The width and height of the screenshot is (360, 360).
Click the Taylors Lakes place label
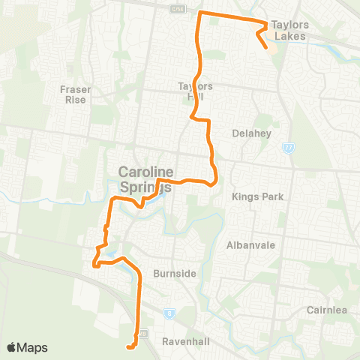(x=290, y=29)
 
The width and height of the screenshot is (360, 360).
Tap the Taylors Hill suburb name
(x=196, y=91)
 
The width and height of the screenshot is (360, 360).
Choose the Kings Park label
(x=251, y=197)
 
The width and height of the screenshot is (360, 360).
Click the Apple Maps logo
(x=27, y=347)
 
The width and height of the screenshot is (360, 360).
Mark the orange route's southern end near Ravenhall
(x=129, y=347)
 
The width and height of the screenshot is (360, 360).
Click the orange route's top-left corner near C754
(x=198, y=13)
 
